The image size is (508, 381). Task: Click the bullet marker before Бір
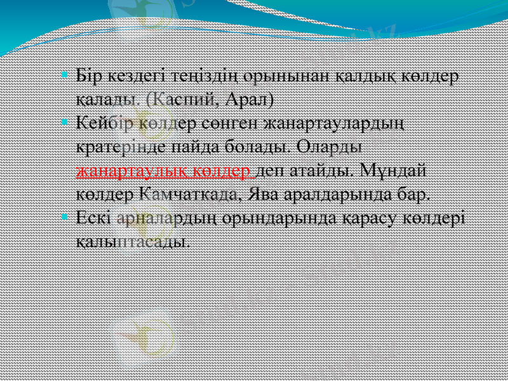click(65, 75)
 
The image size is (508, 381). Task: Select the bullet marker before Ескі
click(65, 216)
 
